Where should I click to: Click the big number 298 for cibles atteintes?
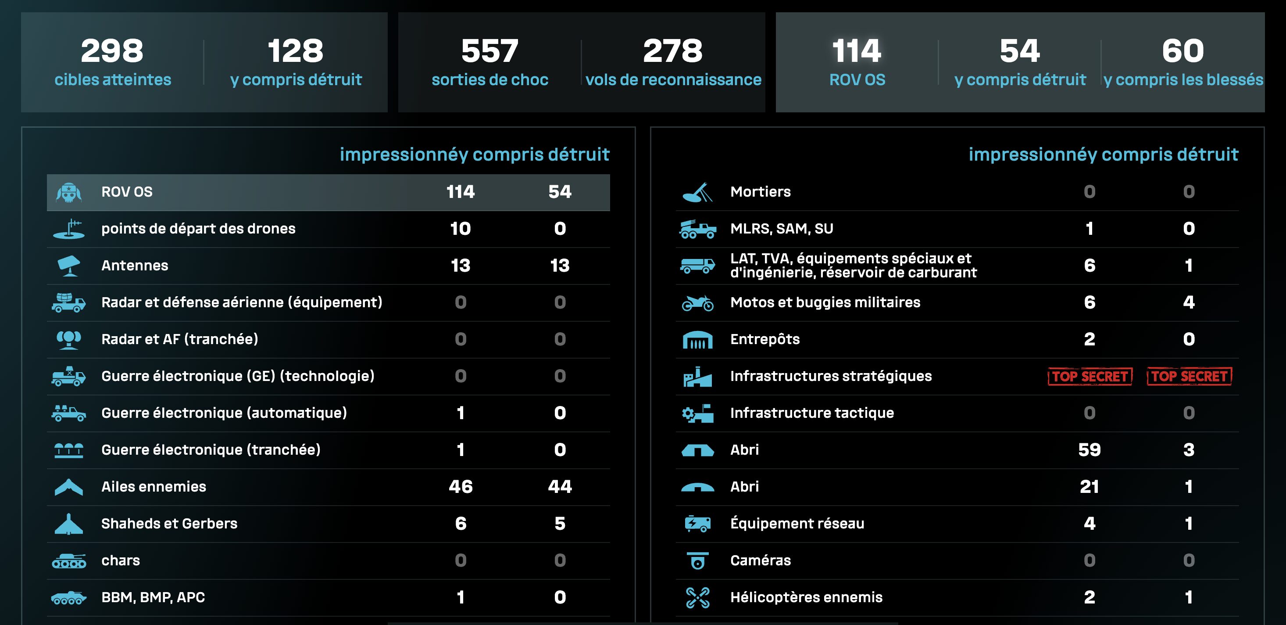tap(112, 51)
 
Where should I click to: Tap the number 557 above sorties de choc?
tap(490, 51)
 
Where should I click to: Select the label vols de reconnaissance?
tap(673, 80)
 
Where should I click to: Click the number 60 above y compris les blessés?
tap(1182, 51)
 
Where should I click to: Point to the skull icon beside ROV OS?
tap(68, 192)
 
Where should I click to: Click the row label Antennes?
tap(135, 265)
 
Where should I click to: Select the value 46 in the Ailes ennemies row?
tap(460, 487)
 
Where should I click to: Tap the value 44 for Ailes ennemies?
tap(560, 487)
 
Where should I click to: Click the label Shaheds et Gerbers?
tap(169, 524)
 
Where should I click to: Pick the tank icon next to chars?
tap(69, 561)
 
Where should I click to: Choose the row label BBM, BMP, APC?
tap(153, 597)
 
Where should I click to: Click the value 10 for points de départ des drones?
tap(460, 229)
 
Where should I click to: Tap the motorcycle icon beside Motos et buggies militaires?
tap(697, 303)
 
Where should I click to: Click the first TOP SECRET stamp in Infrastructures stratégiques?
tap(1090, 376)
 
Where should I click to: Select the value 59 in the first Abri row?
tap(1090, 449)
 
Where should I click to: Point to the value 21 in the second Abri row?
tap(1090, 487)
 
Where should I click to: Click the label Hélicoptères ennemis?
tap(806, 597)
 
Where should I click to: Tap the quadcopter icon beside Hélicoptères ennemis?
tap(697, 597)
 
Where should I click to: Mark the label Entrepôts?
tap(765, 339)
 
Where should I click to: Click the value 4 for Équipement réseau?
tap(1090, 524)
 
